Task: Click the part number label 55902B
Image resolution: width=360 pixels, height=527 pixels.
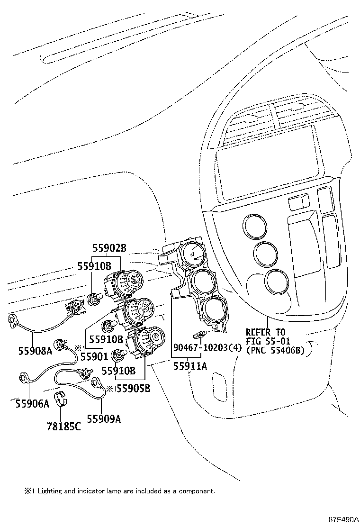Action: [x=109, y=247]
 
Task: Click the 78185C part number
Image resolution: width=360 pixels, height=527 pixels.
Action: [x=63, y=427]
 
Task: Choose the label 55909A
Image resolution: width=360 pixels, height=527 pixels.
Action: [x=104, y=418]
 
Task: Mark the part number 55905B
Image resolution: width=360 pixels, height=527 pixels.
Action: [x=133, y=389]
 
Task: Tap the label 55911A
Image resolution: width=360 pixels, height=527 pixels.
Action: [x=189, y=366]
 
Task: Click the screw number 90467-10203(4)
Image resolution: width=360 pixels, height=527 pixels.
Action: [x=207, y=348]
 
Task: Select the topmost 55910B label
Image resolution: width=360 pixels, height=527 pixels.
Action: [x=94, y=266]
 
